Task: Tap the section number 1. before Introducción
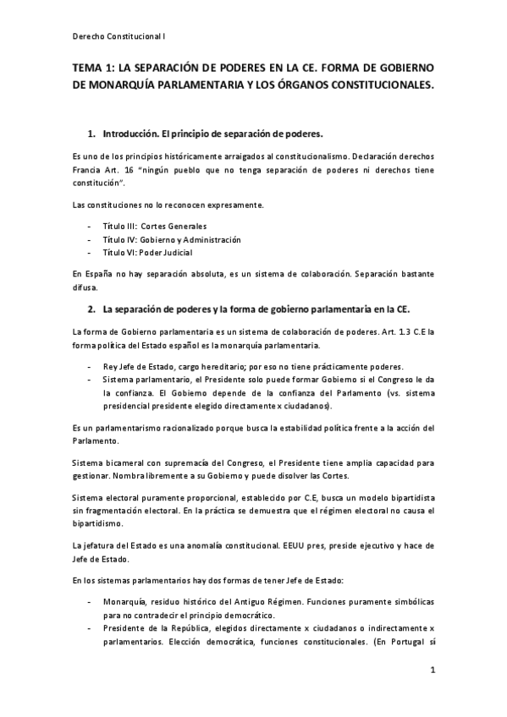[92, 134]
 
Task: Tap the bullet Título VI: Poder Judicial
[146, 252]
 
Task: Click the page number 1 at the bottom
[432, 672]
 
